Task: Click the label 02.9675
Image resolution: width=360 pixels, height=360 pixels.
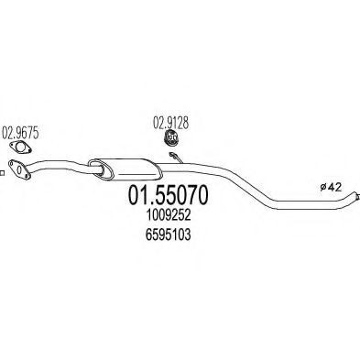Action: [21, 132]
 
